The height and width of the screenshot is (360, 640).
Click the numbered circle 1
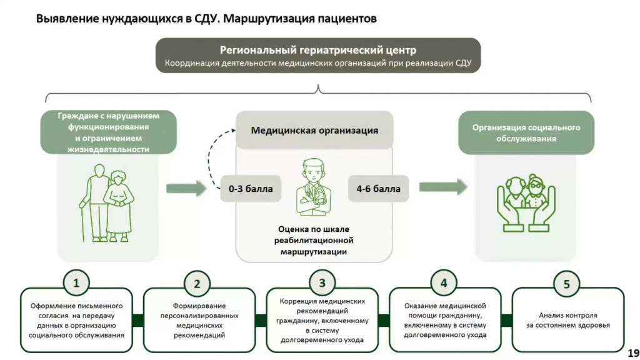click(76, 282)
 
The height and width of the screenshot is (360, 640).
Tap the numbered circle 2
click(197, 283)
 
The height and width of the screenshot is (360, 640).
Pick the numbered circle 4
click(444, 282)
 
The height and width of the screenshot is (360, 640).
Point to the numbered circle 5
click(566, 284)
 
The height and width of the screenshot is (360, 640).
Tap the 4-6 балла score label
click(378, 188)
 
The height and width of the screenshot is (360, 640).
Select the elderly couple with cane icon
click(107, 204)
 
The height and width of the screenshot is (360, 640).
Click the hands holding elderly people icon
click(526, 202)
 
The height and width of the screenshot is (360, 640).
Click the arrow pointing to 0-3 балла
click(186, 188)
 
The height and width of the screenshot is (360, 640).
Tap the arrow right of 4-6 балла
click(442, 187)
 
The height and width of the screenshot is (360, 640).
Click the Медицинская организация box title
click(314, 131)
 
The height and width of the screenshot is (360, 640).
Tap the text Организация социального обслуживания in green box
click(526, 133)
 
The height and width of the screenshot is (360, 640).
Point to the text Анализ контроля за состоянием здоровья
click(567, 320)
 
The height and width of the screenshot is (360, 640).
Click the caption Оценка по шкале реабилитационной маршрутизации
click(314, 240)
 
